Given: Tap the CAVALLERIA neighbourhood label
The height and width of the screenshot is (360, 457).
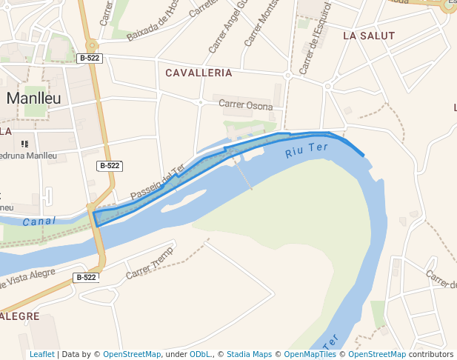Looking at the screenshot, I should (199, 73).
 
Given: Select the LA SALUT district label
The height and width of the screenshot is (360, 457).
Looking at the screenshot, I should (369, 36).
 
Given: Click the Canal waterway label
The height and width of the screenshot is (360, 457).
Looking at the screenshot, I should (39, 221).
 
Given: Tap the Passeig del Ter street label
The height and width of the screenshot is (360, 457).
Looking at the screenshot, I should (157, 182).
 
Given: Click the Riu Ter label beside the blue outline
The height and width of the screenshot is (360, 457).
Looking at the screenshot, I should (306, 151).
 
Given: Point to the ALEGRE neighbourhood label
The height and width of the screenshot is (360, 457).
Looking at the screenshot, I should (20, 316).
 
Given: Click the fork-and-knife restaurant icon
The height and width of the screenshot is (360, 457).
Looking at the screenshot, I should (24, 144).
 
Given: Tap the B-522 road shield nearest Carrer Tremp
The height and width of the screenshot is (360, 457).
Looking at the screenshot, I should (86, 277).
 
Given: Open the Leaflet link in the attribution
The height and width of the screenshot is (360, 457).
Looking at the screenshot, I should (41, 354).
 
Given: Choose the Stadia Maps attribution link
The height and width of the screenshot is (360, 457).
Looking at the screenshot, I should (249, 354).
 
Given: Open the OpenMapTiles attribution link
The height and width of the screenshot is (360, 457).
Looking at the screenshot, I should (310, 354).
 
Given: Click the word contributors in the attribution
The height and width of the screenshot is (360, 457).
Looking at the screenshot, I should (431, 354).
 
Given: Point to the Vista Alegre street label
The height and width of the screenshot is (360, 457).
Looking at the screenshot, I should (30, 279).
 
